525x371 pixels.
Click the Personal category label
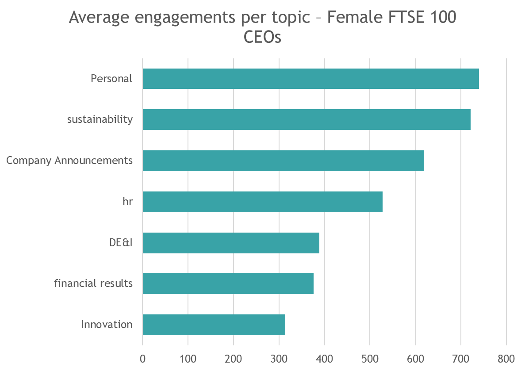pyautogui.click(x=111, y=79)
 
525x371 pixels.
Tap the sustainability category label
pyautogui.click(x=100, y=119)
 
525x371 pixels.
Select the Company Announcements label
pyautogui.click(x=69, y=161)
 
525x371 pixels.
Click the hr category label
pyautogui.click(x=128, y=202)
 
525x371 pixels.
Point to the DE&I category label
pyautogui.click(x=121, y=243)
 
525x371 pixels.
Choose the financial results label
pyautogui.click(x=93, y=283)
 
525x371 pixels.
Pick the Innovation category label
pyautogui.click(x=107, y=325)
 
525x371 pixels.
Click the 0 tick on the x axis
pyautogui.click(x=142, y=358)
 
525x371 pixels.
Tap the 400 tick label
pyautogui.click(x=325, y=358)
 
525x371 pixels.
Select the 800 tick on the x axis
pyautogui.click(x=506, y=358)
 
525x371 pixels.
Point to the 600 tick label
pyautogui.click(x=415, y=358)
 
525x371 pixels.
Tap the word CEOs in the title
pyautogui.click(x=262, y=38)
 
